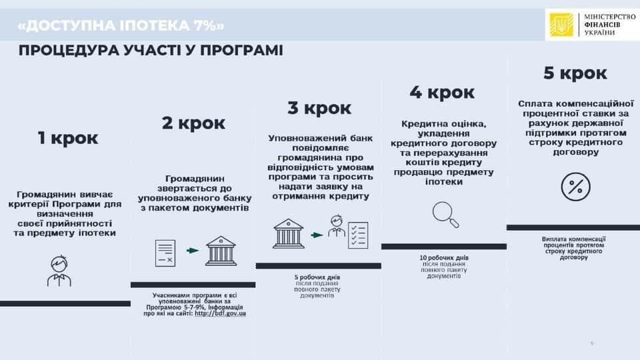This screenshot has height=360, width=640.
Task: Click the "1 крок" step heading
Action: click(68, 138)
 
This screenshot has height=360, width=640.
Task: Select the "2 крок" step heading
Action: click(193, 123)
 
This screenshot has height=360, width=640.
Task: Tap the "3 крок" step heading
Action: click(319, 108)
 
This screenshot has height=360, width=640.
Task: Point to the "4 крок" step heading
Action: click(442, 93)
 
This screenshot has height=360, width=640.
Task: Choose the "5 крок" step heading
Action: click(575, 73)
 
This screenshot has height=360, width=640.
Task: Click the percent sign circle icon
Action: click(575, 187)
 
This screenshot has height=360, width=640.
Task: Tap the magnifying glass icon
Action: click(445, 215)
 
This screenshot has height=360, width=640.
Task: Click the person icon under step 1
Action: click(59, 271)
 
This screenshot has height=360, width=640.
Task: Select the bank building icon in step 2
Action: click(221, 251)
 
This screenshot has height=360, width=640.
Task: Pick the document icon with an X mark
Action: click(165, 253)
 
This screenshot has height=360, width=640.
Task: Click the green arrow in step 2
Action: click(193, 251)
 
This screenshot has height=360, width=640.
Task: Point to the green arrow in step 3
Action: click(317, 235)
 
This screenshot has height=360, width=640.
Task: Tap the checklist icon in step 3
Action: click(358, 235)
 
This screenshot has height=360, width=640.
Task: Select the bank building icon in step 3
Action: click(289, 233)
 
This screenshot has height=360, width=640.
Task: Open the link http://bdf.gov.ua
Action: click(221, 313)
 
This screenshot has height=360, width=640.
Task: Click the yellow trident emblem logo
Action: click(561, 25)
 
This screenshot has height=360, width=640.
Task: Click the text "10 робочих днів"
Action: click(444, 258)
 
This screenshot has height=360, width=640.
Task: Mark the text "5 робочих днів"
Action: click(317, 277)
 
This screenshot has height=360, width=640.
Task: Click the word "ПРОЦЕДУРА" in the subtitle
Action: click(69, 51)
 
